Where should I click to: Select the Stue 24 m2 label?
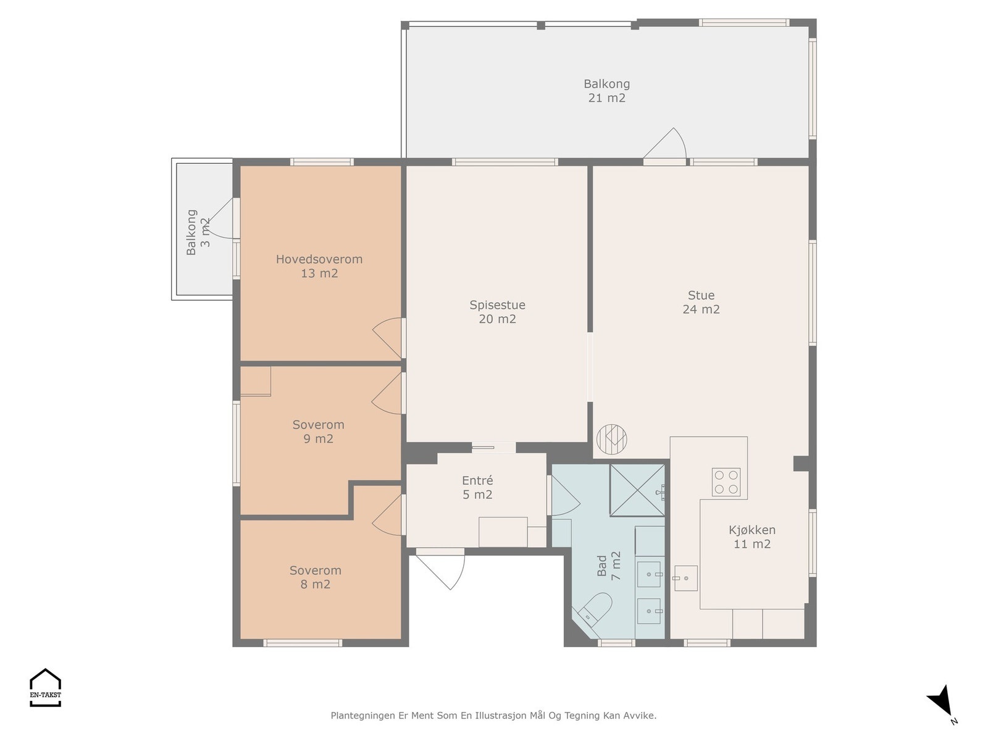(x=701, y=302)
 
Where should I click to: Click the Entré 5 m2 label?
(x=477, y=488)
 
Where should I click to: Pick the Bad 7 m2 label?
(x=609, y=566)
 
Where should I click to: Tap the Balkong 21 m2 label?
(x=607, y=90)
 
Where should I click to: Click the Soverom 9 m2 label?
(x=318, y=432)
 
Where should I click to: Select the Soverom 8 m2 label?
(x=315, y=577)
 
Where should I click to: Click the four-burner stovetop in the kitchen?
(x=726, y=482)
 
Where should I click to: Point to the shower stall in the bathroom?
(x=637, y=490)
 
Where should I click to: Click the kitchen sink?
(x=685, y=578)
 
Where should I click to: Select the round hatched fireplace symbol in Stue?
(x=612, y=439)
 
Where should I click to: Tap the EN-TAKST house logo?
(x=46, y=687)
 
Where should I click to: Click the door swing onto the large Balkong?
(x=665, y=144)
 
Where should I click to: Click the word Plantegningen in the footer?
(x=363, y=716)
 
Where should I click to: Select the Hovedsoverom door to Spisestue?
(x=388, y=337)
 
